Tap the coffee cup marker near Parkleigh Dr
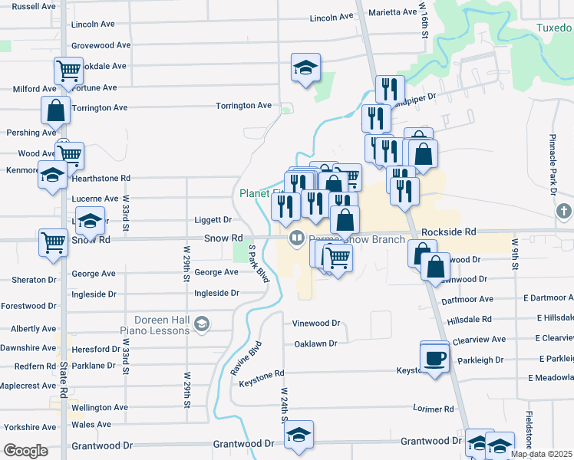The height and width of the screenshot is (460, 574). click(435, 357)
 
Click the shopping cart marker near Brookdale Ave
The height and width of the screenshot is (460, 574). click(68, 71)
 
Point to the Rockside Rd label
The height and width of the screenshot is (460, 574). click(449, 231)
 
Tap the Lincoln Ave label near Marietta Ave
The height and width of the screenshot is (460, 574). click(331, 17)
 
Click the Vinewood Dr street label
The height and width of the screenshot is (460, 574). click(315, 324)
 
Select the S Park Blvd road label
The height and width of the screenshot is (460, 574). click(259, 264)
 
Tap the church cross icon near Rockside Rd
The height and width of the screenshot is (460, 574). click(563, 210)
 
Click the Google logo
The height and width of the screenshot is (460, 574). click(26, 451)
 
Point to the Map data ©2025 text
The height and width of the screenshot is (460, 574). click(542, 454)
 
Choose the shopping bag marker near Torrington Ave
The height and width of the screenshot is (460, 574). click(55, 110)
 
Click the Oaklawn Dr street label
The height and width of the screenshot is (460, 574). click(315, 343)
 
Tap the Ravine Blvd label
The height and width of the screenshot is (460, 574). click(246, 357)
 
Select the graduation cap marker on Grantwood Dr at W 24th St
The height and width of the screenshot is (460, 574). click(299, 435)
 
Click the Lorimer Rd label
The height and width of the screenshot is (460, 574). click(433, 409)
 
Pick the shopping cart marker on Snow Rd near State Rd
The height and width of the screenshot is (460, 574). click(54, 242)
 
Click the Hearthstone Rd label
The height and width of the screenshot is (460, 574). click(101, 178)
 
